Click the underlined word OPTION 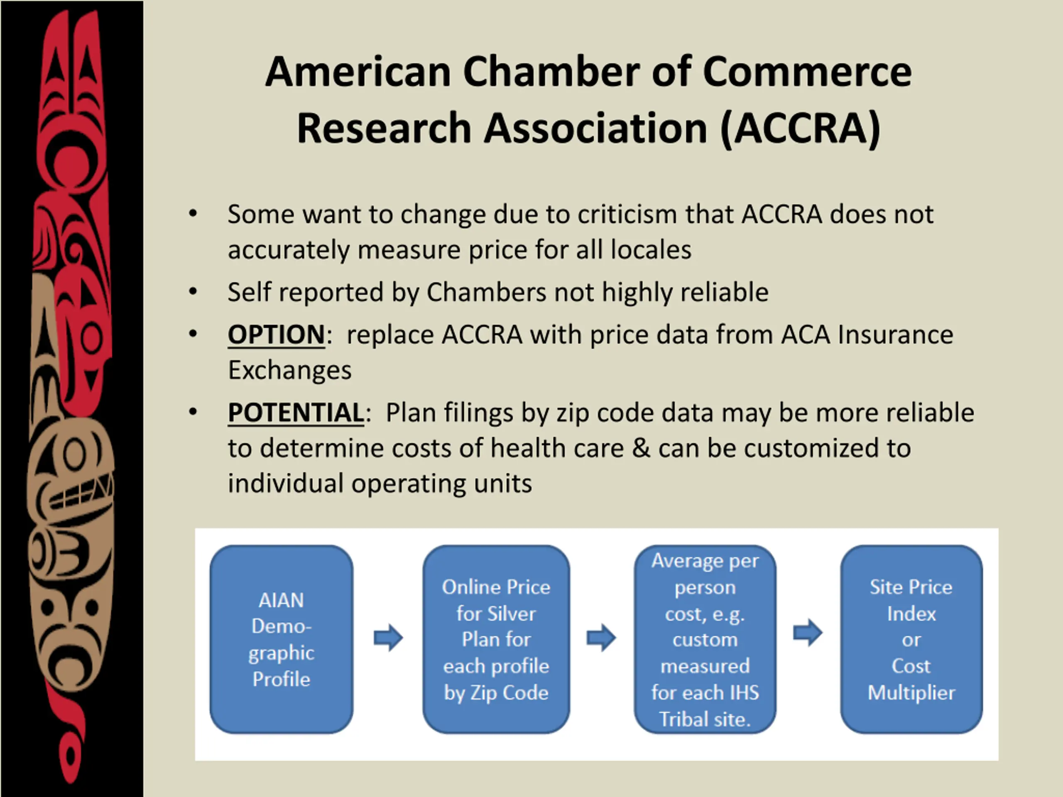click(x=276, y=335)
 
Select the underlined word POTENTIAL click(x=296, y=413)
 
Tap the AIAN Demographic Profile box click(x=282, y=639)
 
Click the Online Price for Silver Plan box click(x=496, y=639)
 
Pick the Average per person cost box click(x=705, y=639)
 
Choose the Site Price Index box click(x=911, y=639)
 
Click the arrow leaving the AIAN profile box click(x=388, y=638)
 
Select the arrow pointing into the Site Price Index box click(x=808, y=632)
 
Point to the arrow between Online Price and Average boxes click(x=601, y=638)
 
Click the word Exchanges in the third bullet click(x=290, y=370)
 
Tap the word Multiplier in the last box click(x=911, y=693)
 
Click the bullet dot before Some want click(x=193, y=214)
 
